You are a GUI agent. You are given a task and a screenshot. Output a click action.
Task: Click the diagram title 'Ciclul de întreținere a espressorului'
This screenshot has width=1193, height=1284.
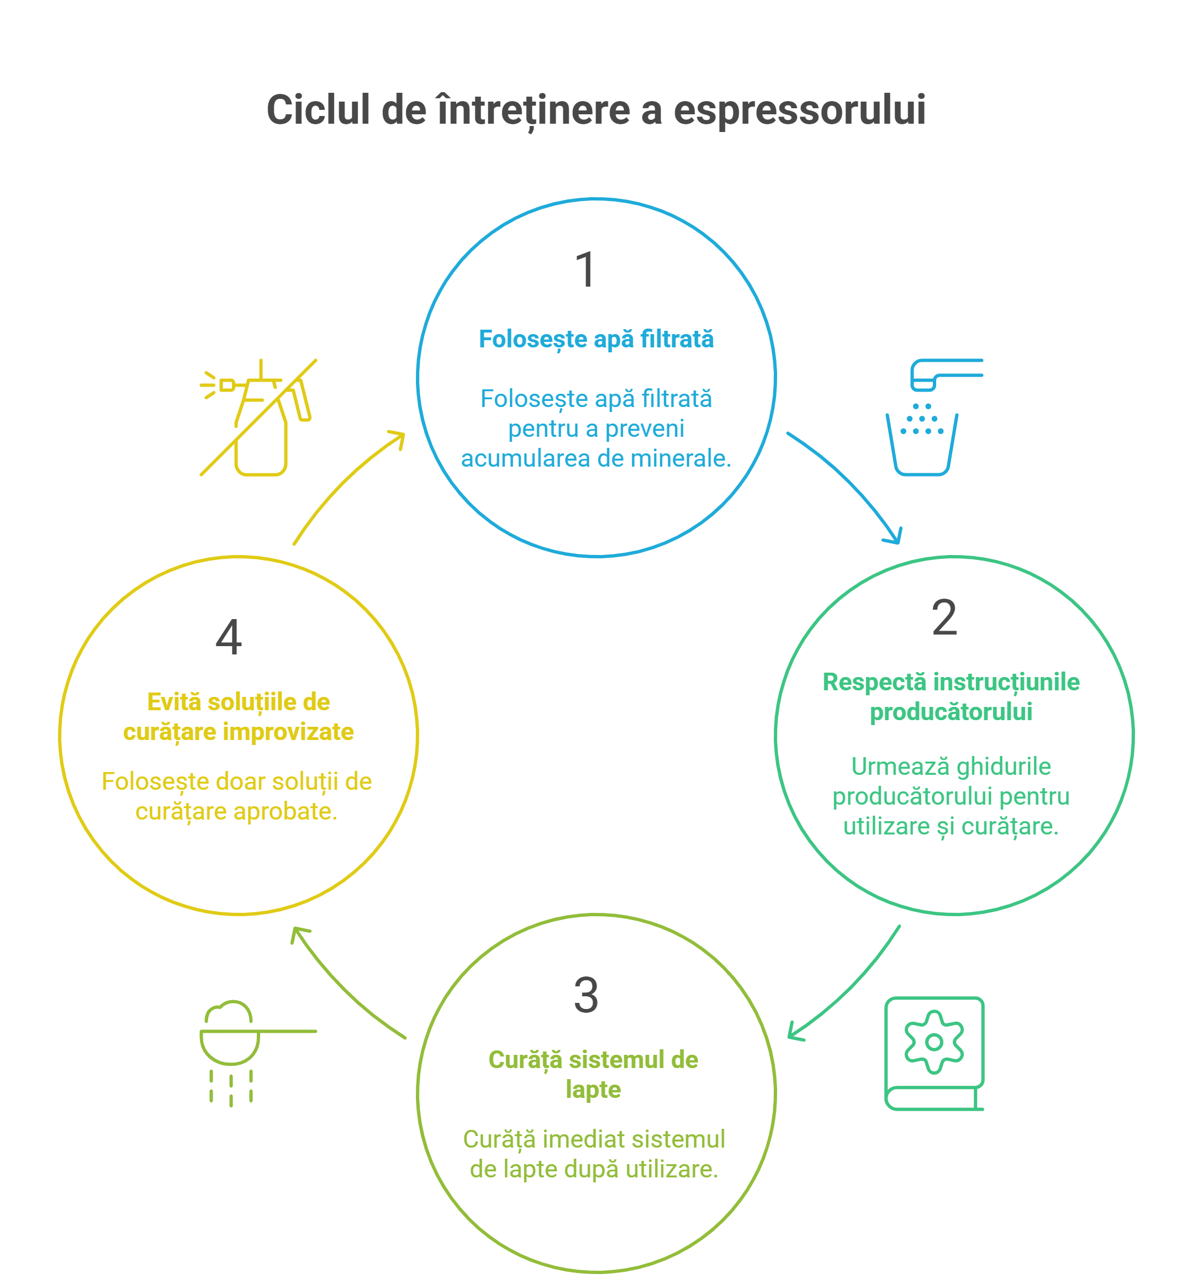point(596,110)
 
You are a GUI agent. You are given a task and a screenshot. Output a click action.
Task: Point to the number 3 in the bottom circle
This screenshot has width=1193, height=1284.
point(585,995)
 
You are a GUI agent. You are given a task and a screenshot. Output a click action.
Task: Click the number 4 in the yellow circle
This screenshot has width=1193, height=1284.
point(229,637)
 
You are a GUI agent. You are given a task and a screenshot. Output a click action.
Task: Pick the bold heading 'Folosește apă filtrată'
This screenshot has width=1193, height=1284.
point(596,339)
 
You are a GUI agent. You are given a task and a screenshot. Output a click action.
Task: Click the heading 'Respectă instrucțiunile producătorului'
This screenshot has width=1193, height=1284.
point(951,696)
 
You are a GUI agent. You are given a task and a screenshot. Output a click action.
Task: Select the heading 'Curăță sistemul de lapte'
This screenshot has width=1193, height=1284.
point(593,1074)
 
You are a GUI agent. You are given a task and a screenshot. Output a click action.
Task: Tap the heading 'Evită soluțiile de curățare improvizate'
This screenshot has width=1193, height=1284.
point(238,717)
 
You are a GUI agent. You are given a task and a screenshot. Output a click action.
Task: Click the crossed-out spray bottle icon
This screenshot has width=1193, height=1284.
point(259,418)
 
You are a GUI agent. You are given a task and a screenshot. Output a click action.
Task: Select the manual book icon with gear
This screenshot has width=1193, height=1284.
point(934,1053)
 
